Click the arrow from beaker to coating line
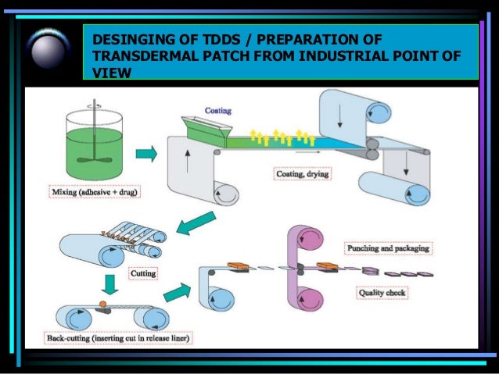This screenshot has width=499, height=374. point(145,155)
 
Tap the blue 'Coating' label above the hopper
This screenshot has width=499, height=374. point(217,111)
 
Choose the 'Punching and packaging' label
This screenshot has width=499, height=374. point(389,248)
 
